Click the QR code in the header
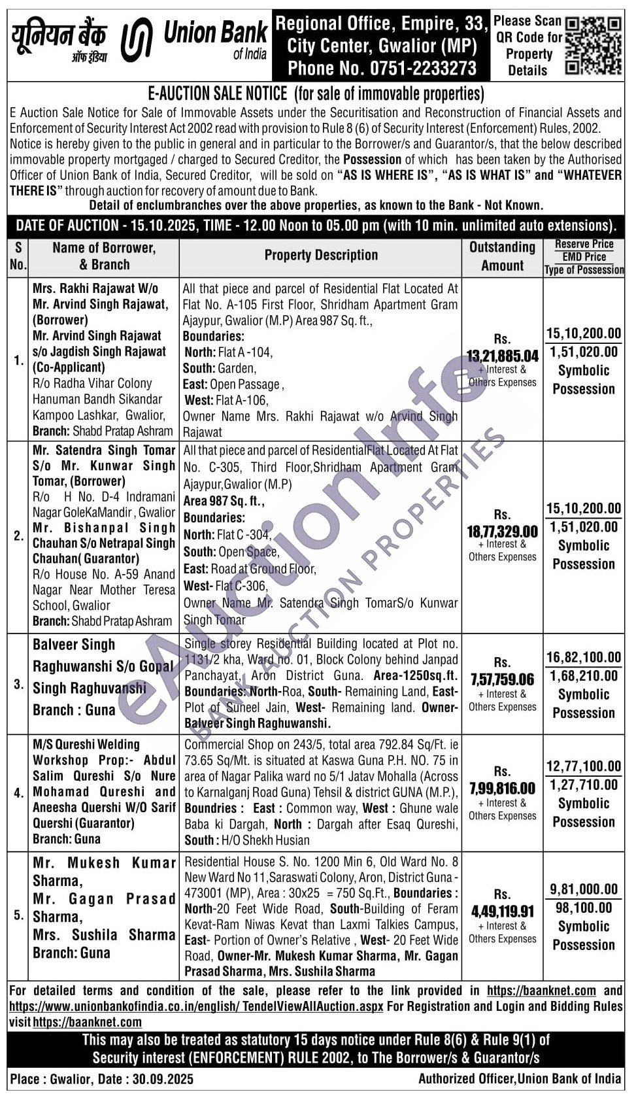[x=593, y=45]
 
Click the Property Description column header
[x=321, y=256]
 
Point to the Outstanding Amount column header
[x=502, y=256]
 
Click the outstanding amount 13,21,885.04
[x=502, y=356]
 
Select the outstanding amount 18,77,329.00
[x=502, y=532]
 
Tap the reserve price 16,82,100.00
[x=584, y=657]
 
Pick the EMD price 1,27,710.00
[x=584, y=785]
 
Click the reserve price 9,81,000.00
[x=584, y=889]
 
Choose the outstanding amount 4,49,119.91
[x=502, y=911]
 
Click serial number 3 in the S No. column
[x=18, y=685]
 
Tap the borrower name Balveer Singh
[x=74, y=645]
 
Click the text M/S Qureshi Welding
[x=86, y=745]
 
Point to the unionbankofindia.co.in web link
[x=196, y=1006]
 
